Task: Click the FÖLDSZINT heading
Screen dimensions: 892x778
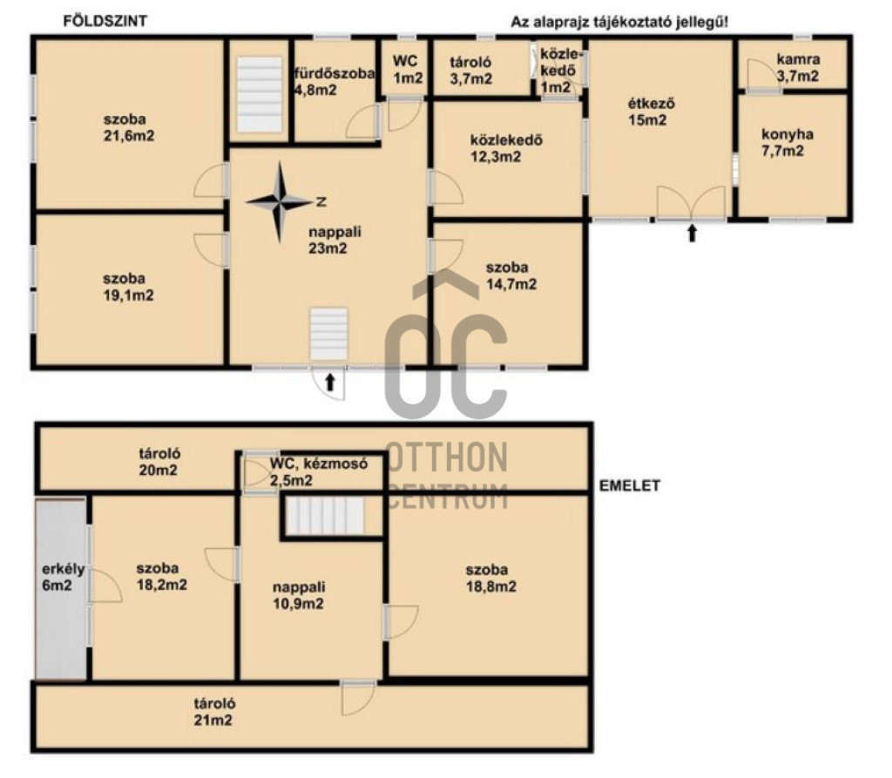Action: pos(105,21)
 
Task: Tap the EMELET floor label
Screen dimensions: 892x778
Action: pos(630,485)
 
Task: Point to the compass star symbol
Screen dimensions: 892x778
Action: pos(280,202)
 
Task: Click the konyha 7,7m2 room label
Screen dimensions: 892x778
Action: pos(787,142)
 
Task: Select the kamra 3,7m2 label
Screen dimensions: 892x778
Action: pos(798,67)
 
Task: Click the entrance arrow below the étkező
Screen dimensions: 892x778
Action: pos(692,233)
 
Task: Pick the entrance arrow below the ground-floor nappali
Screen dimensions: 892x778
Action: pos(330,382)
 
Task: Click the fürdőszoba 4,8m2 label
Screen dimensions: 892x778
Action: pos(334,81)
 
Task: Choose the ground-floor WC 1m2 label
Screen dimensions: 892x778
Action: pos(408,70)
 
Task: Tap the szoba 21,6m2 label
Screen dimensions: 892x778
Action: pos(129,127)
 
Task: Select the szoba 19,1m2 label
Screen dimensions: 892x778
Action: pos(128,287)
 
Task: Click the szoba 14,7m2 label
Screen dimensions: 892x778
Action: pos(510,275)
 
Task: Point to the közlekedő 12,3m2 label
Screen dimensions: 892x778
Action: pos(506,148)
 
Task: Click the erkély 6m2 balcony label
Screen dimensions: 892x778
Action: pos(63,577)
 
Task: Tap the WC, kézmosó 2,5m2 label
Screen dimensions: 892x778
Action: pos(319,472)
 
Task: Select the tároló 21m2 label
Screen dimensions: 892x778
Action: pos(214,712)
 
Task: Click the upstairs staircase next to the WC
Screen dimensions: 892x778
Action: pos(325,516)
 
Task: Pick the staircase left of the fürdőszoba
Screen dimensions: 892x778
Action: pos(260,94)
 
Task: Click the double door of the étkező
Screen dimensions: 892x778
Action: pos(691,203)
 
